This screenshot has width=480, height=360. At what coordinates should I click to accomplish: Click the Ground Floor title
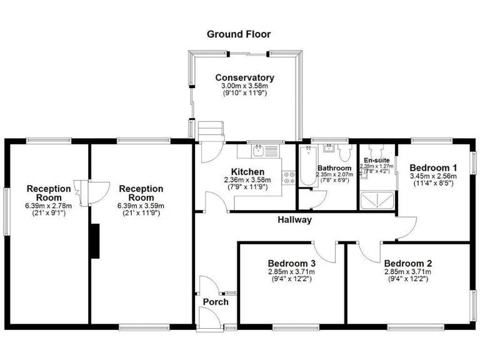coord(239,34)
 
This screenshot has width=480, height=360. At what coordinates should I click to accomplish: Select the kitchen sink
coord(260,150)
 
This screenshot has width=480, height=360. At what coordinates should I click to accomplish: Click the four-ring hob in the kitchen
coord(289,178)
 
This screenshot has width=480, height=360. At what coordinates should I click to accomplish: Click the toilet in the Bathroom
coord(344,153)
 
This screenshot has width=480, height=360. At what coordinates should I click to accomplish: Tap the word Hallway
coord(294,220)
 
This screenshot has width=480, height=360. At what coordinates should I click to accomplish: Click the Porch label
coord(216,302)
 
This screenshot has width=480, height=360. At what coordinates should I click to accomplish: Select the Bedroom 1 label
coord(433,167)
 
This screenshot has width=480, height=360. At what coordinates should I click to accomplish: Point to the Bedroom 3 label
coord(291,263)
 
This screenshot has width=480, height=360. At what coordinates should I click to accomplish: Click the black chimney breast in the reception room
coord(94,241)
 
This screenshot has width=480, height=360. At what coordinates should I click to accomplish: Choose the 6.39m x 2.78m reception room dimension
coord(48,206)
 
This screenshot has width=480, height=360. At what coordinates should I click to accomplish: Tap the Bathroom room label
coord(335,167)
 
